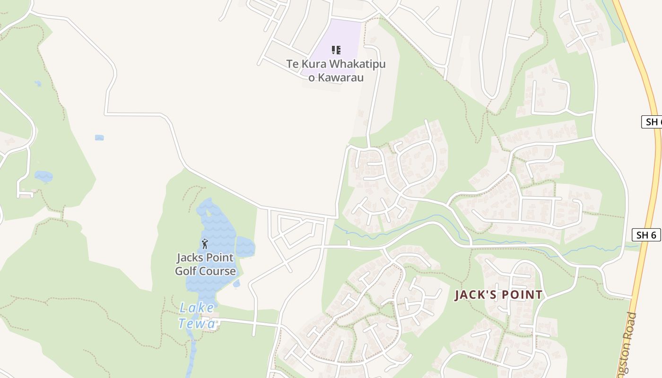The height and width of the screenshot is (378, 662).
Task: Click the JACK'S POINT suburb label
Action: [x=498, y=295]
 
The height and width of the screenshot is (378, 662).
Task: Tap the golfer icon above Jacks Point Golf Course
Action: [x=205, y=244]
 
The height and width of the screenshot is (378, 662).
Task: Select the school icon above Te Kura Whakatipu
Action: [x=336, y=50]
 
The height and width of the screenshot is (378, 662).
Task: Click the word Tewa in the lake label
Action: [x=204, y=323]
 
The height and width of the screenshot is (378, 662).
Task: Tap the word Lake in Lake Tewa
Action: [x=196, y=308]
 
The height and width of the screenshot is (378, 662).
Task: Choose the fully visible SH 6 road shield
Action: [x=646, y=235]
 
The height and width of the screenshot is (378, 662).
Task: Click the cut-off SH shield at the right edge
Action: [x=653, y=122]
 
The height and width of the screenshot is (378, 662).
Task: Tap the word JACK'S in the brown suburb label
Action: [x=473, y=295]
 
